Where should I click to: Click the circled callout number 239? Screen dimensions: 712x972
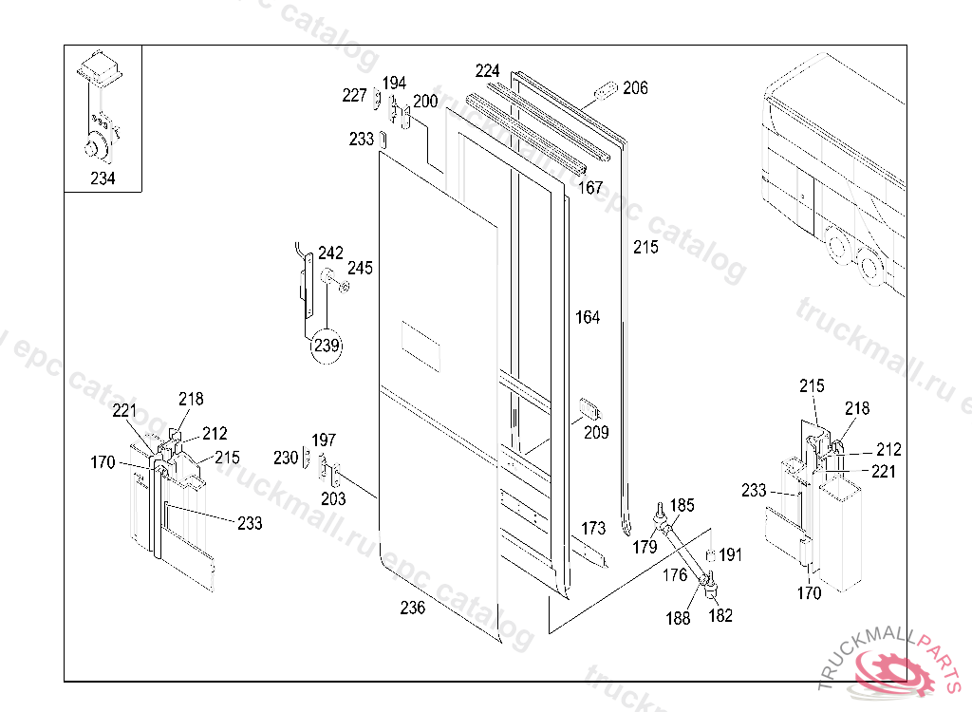[327, 347]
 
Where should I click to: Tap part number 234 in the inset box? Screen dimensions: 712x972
[103, 178]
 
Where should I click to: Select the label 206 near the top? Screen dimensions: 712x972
[636, 88]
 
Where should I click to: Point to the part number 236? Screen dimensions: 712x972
[413, 609]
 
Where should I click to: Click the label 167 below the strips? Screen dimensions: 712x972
[590, 188]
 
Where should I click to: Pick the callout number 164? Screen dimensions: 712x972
[588, 317]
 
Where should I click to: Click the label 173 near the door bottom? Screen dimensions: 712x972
[592, 527]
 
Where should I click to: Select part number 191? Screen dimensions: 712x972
[730, 554]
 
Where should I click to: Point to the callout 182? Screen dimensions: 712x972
[721, 615]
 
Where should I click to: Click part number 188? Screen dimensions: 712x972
[678, 619]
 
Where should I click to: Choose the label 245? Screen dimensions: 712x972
[360, 268]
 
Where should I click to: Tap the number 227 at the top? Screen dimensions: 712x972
[354, 95]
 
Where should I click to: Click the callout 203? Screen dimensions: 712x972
[333, 498]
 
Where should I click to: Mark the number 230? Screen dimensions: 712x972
[286, 458]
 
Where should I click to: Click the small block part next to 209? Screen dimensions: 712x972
[590, 410]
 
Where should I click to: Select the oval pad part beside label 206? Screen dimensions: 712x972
[606, 91]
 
